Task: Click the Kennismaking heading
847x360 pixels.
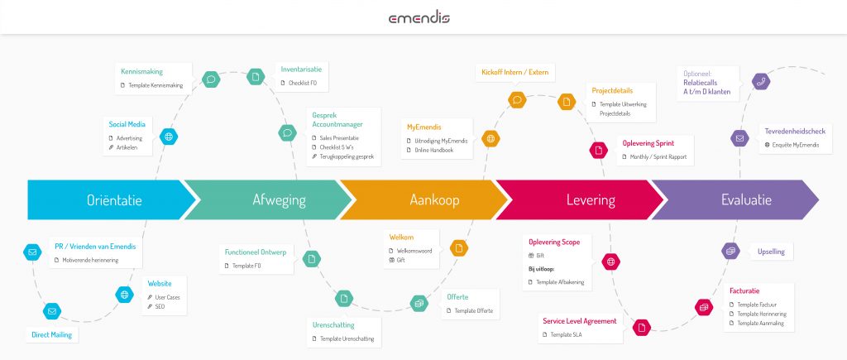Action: pos(141,72)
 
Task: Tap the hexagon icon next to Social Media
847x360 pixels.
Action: pos(169,137)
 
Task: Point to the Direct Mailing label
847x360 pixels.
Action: pos(52,335)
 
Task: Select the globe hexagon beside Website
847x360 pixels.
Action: pos(124,294)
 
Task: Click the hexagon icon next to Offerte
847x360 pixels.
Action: pos(419,303)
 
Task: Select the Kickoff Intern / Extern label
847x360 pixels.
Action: pos(514,72)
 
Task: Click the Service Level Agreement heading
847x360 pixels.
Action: pos(580,321)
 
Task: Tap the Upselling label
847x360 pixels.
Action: pos(771,251)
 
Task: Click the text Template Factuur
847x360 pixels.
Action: pos(758,305)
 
